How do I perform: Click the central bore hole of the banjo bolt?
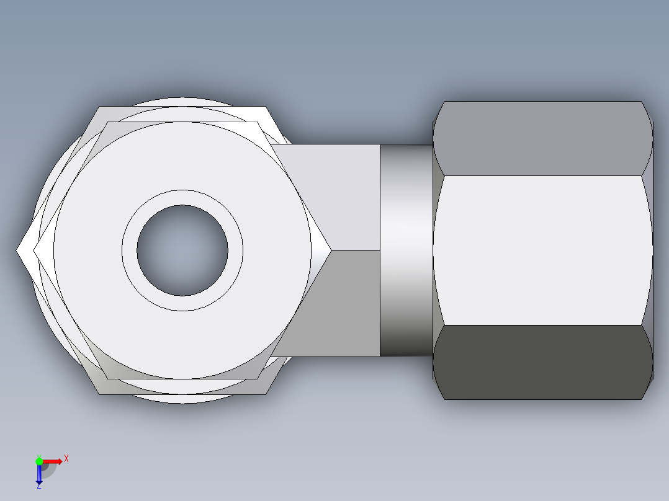182,250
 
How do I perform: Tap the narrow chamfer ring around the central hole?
182,197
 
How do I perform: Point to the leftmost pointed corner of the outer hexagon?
19,250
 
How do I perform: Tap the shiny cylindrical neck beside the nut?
406,250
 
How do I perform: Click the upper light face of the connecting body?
348,192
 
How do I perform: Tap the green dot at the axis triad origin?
39,461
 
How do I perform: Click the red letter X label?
66,458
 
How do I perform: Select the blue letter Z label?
38,487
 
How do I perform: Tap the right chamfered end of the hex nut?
648,250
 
